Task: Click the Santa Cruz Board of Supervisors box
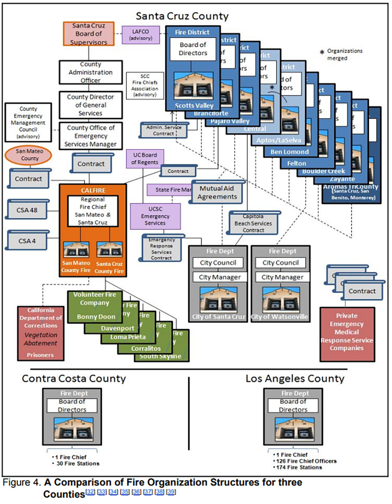[x=88, y=34]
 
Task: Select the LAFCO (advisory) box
[x=141, y=35]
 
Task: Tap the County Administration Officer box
[x=91, y=72]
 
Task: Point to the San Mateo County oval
[x=28, y=155]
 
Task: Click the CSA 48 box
[x=27, y=210]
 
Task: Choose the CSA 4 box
[x=27, y=241]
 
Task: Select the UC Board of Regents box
[x=145, y=159]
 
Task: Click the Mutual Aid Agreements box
[x=217, y=192]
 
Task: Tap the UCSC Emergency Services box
[x=155, y=216]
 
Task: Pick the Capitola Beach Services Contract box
[x=253, y=223]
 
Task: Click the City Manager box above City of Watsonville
[x=282, y=277]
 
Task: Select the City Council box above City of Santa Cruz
[x=218, y=263]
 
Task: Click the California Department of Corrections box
[x=41, y=333]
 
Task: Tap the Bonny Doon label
[x=96, y=317]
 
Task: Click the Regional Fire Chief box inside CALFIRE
[x=93, y=211]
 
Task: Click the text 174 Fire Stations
[x=299, y=467]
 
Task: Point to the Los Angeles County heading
[x=295, y=378]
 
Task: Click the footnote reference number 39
[x=171, y=492]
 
